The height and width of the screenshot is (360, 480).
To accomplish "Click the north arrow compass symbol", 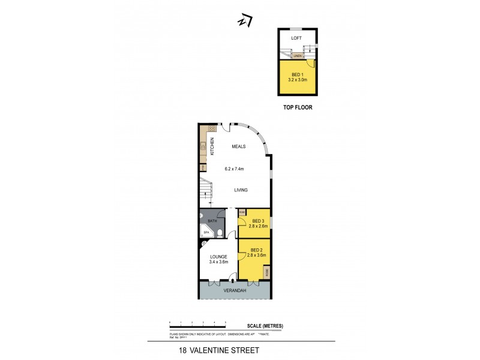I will pyautogui.click(x=244, y=21).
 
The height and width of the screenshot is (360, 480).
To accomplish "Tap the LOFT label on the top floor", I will pyautogui.click(x=296, y=38).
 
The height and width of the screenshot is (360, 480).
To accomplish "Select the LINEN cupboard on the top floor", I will pyautogui.click(x=297, y=56).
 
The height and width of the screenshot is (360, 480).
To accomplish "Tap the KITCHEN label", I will pyautogui.click(x=212, y=146).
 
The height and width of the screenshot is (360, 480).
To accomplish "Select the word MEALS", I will pyautogui.click(x=240, y=146).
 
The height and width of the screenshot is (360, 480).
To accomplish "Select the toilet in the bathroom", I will pyautogui.click(x=220, y=233).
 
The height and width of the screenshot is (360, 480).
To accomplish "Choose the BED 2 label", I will pyautogui.click(x=256, y=250).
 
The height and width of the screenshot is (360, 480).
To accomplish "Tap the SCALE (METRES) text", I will pyautogui.click(x=265, y=326).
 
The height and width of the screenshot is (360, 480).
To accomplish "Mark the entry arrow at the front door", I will pyautogui.click(x=232, y=280).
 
